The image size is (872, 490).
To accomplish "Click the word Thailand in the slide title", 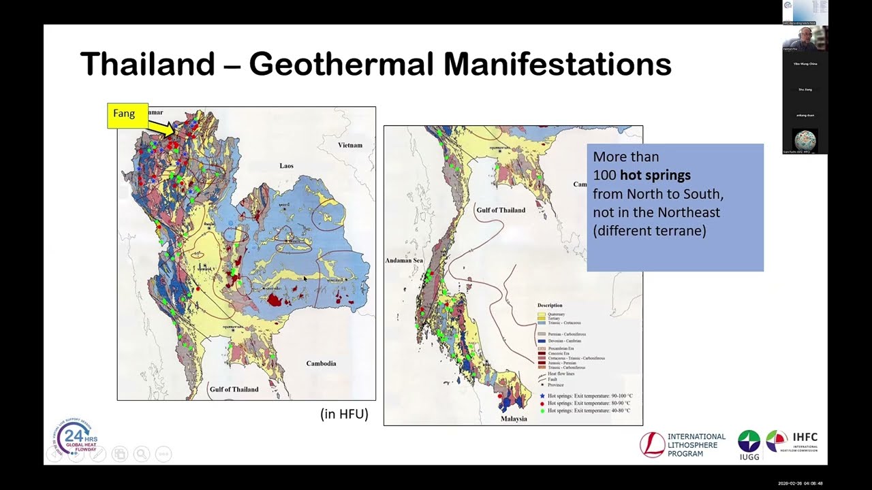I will [147, 64].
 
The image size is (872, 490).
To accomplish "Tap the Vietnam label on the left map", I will [350, 146].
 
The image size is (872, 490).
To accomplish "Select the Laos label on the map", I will [286, 165].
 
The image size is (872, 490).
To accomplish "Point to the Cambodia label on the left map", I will [321, 363].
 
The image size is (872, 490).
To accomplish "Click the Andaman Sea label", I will [405, 261].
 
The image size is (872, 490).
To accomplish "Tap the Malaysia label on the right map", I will [514, 419].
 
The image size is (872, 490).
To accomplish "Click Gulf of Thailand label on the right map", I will [501, 210].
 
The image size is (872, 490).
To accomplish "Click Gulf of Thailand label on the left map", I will [234, 389].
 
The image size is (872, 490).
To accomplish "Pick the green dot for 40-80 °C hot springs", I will [542, 410].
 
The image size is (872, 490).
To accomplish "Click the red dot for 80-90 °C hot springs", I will [542, 404].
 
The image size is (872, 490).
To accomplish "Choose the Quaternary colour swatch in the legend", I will [542, 314].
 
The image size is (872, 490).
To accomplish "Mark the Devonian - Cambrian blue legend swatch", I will [542, 340].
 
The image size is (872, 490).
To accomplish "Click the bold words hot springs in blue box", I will [655, 175].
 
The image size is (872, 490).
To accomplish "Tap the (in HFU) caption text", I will [344, 414].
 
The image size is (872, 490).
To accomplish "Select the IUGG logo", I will [749, 444].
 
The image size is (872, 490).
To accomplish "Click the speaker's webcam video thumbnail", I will [805, 39].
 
